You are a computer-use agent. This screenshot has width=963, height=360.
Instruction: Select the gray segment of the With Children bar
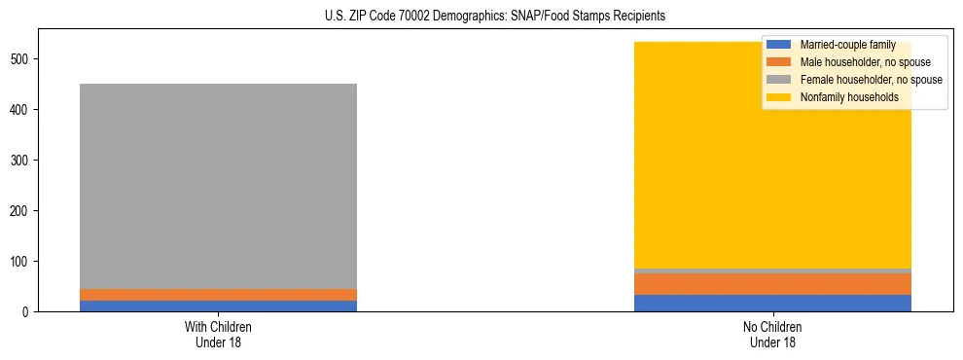(x=218, y=186)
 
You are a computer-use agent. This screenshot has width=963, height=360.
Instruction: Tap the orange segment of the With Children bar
(x=218, y=295)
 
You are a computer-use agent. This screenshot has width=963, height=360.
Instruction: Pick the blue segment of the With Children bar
(x=218, y=306)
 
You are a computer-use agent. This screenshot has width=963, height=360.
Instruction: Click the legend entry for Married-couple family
(x=844, y=45)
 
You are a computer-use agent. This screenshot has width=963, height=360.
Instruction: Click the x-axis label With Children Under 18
(x=218, y=334)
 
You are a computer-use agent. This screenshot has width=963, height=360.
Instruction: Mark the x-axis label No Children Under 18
(x=772, y=334)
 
